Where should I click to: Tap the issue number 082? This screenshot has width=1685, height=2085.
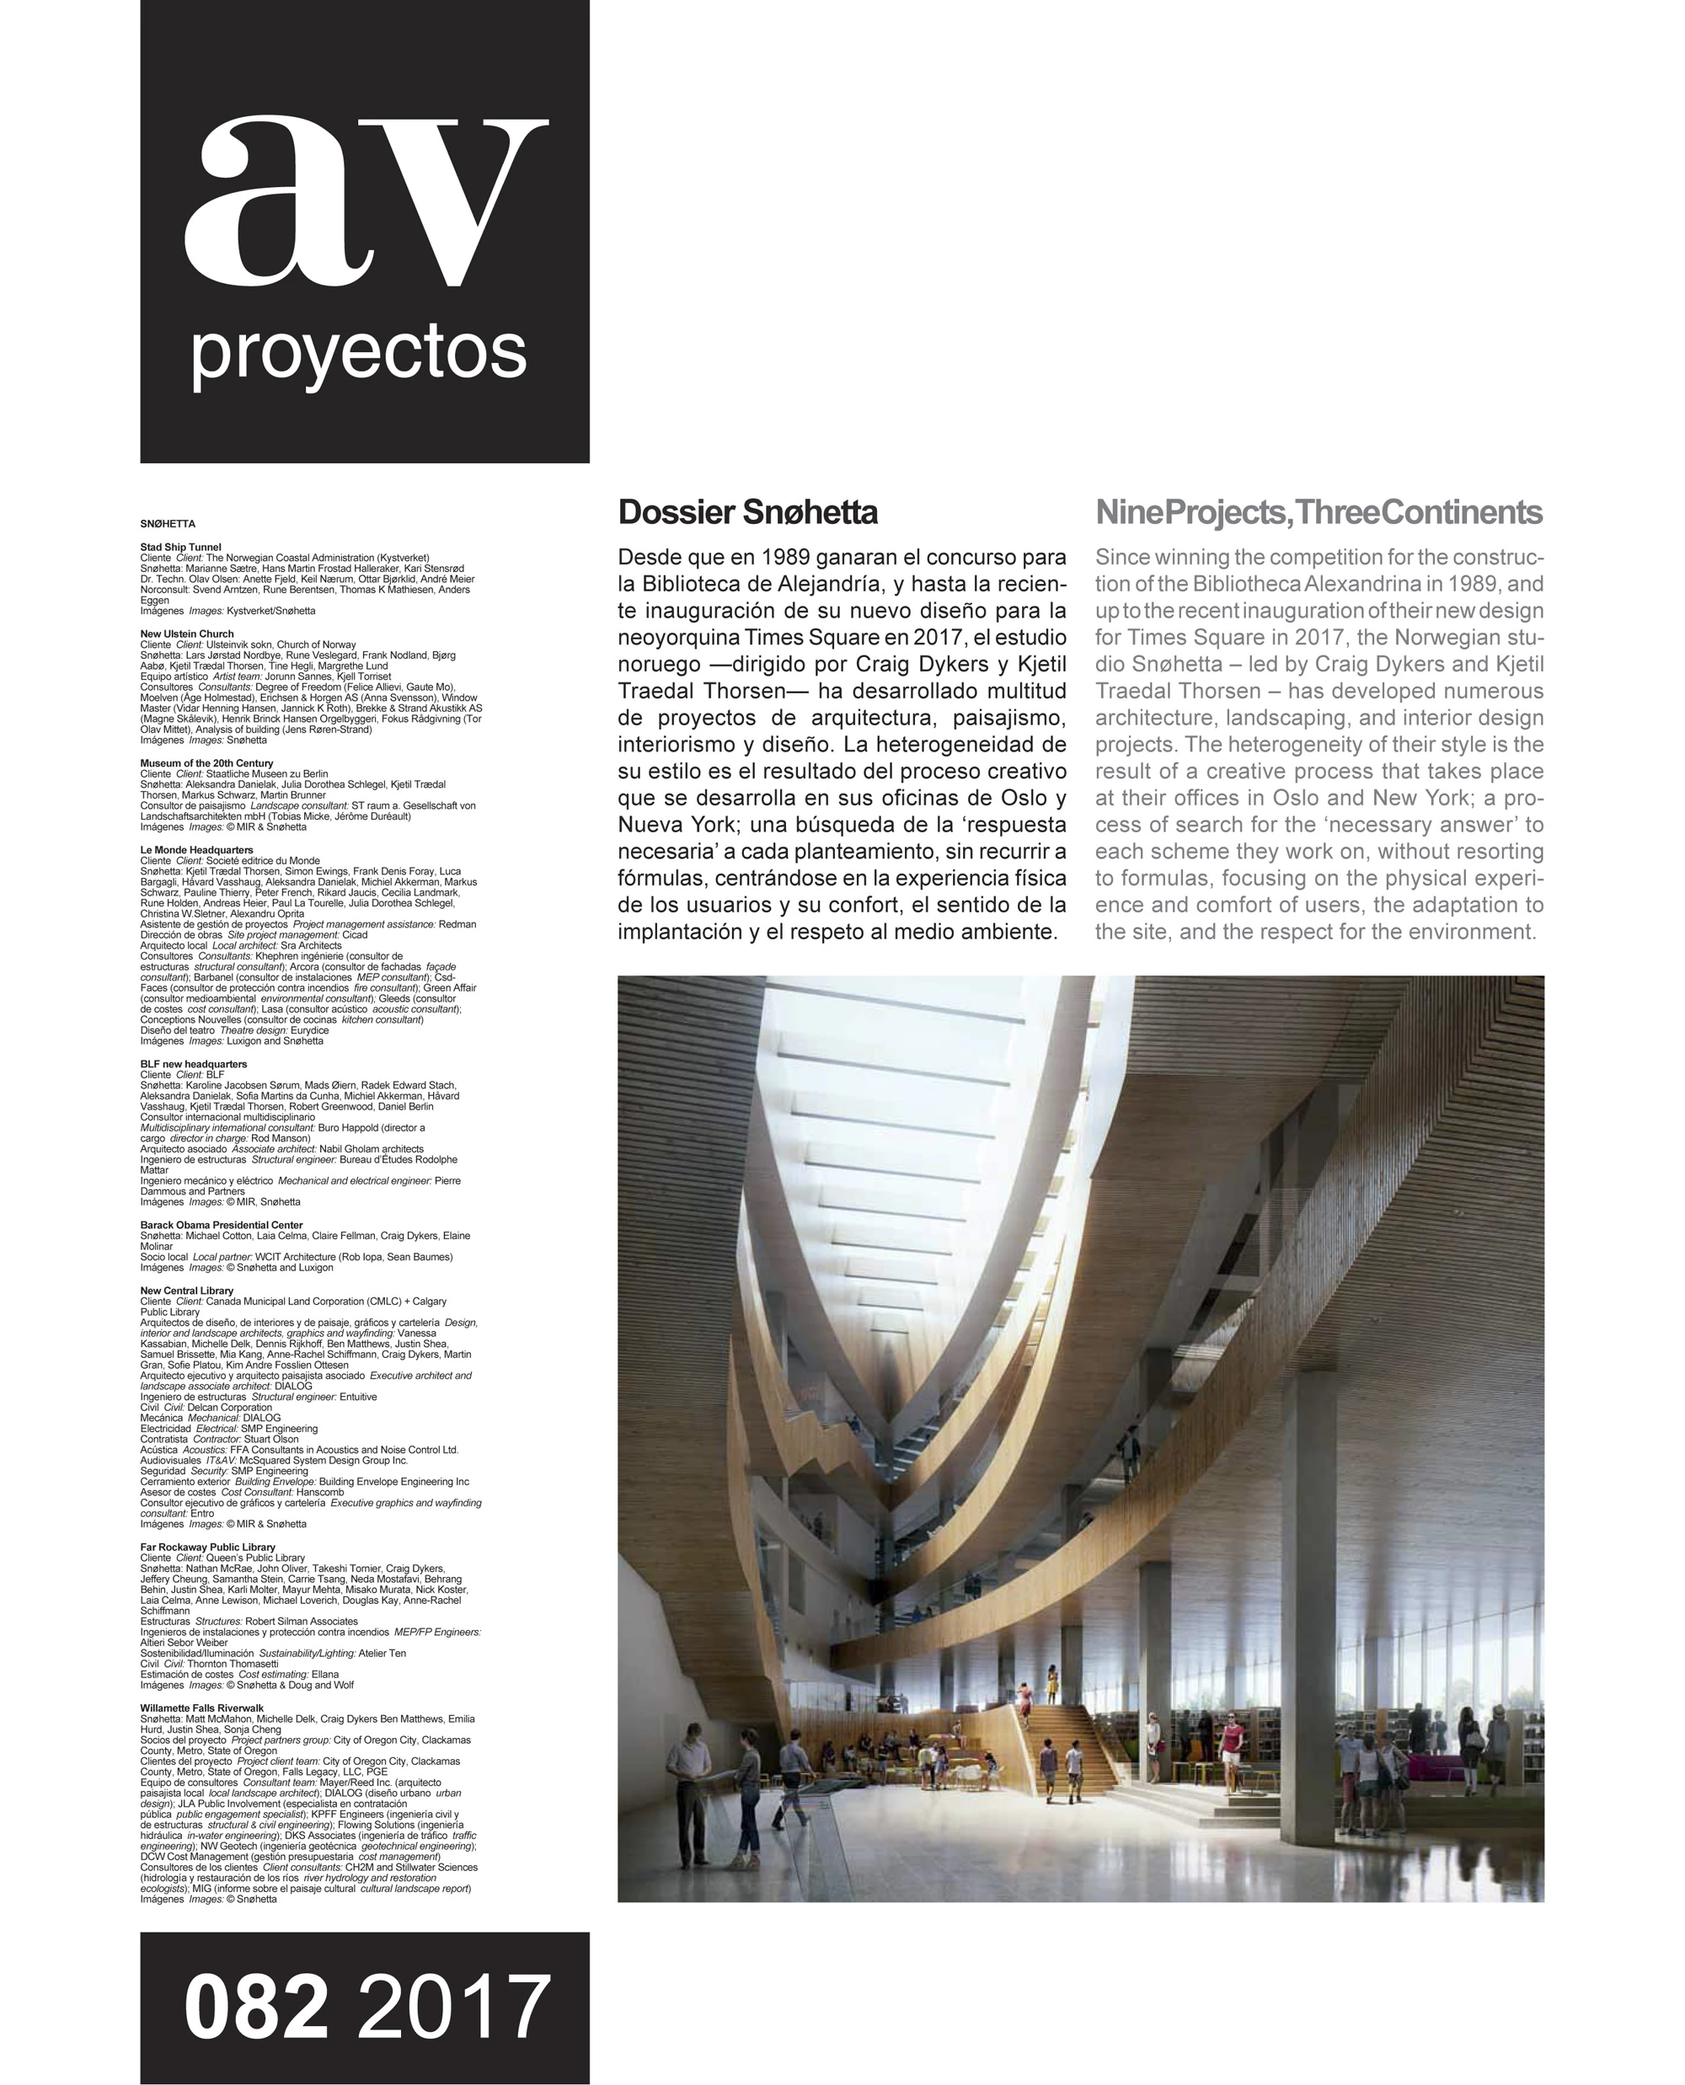pos(256,2006)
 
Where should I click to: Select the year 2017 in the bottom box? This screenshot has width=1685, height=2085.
pos(454,2006)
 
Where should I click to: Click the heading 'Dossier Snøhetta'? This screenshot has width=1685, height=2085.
pos(747,512)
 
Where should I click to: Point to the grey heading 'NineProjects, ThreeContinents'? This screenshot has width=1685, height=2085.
pos(1319,512)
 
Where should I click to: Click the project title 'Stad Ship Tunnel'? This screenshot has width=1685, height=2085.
pos(180,548)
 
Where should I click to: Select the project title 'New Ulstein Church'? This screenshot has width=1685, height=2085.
pos(186,634)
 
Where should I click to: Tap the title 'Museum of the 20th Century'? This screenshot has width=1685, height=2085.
pos(206,763)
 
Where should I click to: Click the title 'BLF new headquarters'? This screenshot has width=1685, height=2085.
pos(193,1064)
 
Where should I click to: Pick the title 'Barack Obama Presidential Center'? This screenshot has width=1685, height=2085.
pos(222,1225)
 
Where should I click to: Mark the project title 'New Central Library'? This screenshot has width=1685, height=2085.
pos(186,1291)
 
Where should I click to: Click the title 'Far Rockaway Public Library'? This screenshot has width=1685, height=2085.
pos(208,1548)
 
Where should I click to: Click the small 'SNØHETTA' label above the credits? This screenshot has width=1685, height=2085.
pos(168,524)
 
